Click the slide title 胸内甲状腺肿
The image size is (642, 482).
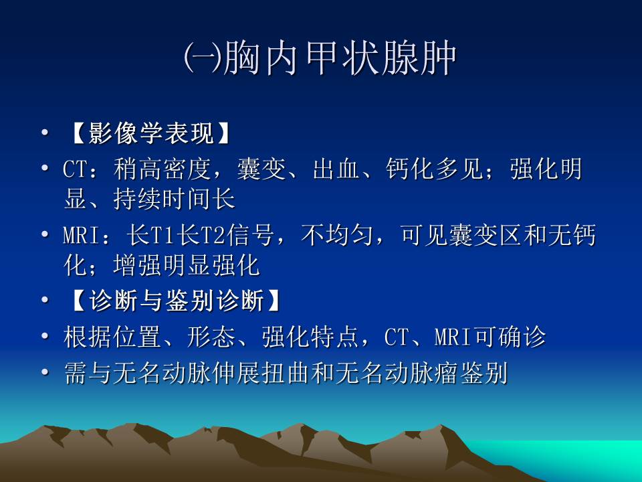pos(341,60)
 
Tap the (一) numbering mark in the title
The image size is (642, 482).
pos(201,60)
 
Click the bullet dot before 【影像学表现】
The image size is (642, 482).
pos(45,134)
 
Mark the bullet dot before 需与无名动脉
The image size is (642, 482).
pos(45,372)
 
